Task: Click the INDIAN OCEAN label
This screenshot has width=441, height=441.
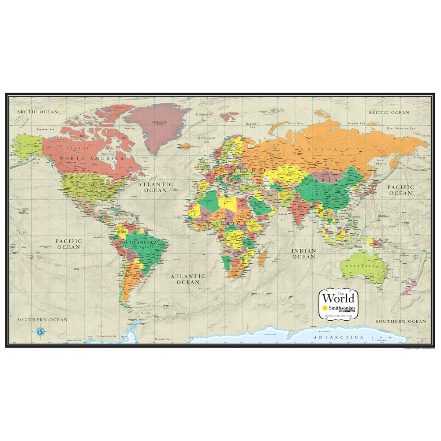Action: (304, 254)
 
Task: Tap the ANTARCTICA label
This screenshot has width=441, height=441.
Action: (339, 337)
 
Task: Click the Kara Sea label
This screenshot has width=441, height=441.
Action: (295, 123)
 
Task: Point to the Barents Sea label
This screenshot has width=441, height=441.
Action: (252, 126)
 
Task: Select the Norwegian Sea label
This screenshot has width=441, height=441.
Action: (206, 140)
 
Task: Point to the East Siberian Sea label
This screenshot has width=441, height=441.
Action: (401, 128)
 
